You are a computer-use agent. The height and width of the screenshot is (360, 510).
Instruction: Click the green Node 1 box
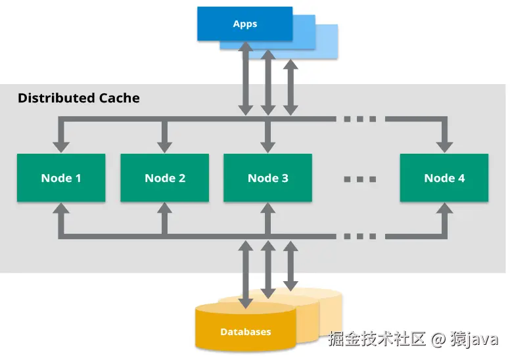point(60,178)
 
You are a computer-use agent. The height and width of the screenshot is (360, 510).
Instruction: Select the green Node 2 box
point(164,178)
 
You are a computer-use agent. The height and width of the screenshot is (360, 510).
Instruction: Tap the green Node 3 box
point(267,178)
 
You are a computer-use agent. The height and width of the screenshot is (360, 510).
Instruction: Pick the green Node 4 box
point(444,178)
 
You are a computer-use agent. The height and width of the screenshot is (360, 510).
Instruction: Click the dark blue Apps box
point(244,24)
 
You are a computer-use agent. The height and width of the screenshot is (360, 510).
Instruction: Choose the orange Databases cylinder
point(244,328)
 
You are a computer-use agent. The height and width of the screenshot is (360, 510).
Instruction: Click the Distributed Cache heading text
point(78,99)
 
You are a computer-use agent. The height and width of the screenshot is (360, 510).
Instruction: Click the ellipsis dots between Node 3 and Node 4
point(359,179)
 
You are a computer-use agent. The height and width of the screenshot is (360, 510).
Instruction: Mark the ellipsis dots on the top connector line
point(359,120)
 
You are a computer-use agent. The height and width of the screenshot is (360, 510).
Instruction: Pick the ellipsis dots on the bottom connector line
point(359,236)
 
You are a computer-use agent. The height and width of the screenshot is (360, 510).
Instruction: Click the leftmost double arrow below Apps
point(245,79)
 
